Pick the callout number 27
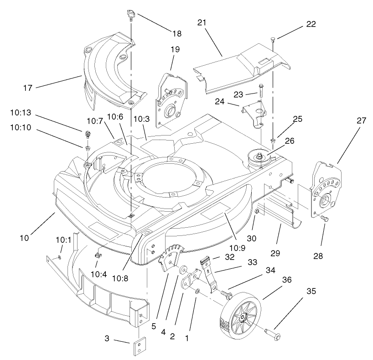pos(361,121)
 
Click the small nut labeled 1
pos(197,291)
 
